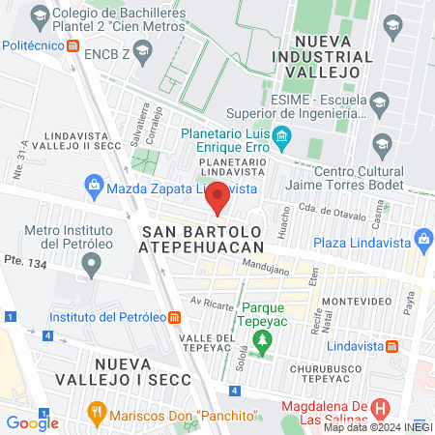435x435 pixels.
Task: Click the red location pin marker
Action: [218, 196]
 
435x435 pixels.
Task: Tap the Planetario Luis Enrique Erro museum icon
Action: [281, 136]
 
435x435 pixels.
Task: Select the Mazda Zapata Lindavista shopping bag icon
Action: [94, 183]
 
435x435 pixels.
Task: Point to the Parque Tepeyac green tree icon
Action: [260, 338]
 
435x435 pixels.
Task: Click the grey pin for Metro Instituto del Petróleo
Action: [92, 265]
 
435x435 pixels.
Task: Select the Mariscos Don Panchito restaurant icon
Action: [96, 413]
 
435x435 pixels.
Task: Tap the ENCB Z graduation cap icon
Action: [142, 49]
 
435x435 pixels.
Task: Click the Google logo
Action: [33, 421]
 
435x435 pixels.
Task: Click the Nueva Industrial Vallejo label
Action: [334, 49]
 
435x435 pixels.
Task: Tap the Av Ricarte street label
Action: [212, 303]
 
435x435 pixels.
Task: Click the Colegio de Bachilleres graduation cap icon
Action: [40, 16]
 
